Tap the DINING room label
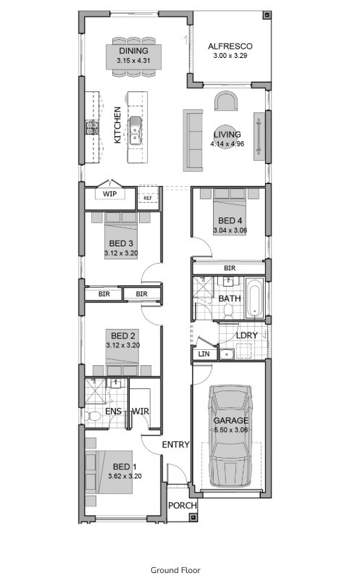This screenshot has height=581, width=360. tap(133, 51)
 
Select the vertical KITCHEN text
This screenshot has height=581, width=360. tap(118, 125)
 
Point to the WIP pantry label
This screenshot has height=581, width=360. tap(109, 194)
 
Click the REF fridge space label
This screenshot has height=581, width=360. tap(148, 198)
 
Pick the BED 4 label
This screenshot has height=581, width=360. tap(230, 220)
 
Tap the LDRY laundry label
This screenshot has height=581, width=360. tap(246, 335)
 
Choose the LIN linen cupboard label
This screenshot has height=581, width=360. tap(203, 354)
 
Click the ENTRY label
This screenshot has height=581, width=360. tap(175, 444)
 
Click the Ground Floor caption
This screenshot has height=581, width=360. tap(175, 570)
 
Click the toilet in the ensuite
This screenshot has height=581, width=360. tap(94, 416)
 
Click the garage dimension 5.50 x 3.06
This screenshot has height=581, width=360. tap(230, 430)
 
